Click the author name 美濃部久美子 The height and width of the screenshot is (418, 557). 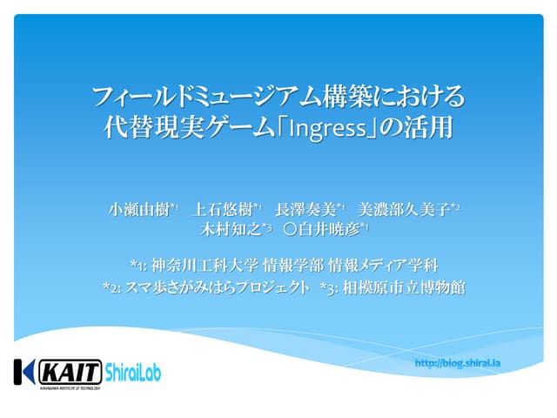(405, 209)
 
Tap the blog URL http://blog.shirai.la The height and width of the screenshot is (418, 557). (464, 362)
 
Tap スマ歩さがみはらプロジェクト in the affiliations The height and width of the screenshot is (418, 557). (217, 286)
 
